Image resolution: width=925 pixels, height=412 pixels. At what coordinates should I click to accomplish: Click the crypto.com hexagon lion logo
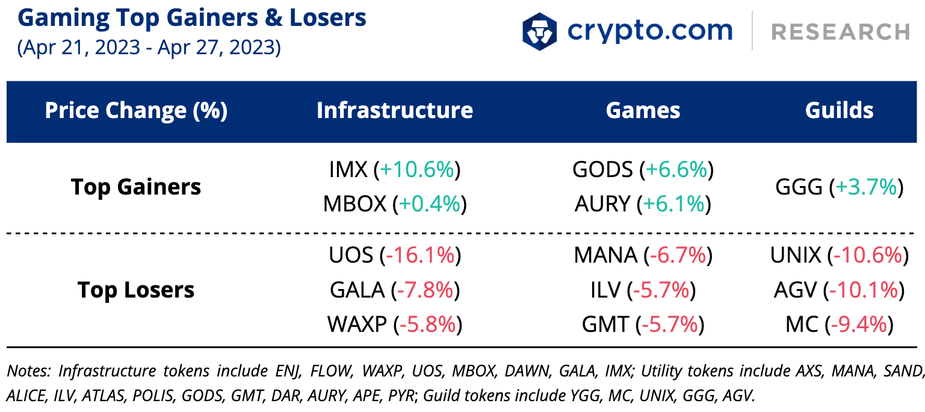[x=539, y=31]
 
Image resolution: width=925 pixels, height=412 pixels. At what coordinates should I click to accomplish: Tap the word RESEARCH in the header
[x=840, y=33]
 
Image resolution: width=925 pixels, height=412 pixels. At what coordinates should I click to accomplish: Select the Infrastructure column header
[x=395, y=110]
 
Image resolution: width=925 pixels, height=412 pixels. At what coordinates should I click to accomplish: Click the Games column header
[x=643, y=110]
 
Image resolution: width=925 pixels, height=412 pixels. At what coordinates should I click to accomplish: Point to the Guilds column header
[x=839, y=110]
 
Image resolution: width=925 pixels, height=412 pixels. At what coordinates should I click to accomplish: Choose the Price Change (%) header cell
[x=136, y=111]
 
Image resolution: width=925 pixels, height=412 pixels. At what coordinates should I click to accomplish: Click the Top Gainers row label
[x=136, y=187]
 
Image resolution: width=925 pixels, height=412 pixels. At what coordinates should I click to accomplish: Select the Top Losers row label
[x=136, y=290]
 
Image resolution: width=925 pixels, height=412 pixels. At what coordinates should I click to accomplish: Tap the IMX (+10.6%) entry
[x=395, y=170]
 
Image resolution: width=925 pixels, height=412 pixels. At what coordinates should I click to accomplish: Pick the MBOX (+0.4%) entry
[x=395, y=204]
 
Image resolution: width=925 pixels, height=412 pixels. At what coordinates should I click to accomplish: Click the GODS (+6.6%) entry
[x=643, y=170]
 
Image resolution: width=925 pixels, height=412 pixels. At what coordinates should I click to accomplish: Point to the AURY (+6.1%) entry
[x=643, y=204]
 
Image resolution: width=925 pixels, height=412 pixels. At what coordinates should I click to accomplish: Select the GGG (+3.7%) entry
[x=840, y=187]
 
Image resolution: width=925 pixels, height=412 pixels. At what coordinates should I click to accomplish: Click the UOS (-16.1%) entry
[x=395, y=255]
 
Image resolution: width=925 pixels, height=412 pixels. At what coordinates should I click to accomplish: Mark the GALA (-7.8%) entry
[x=395, y=290]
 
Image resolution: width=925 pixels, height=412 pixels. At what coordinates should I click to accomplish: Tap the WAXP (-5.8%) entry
[x=395, y=325]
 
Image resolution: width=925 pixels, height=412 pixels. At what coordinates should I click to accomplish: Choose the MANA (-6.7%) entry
[x=643, y=255]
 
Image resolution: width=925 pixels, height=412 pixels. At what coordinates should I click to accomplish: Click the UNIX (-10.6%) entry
[x=840, y=255]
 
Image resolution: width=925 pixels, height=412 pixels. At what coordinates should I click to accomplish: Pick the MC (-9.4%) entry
[x=840, y=325]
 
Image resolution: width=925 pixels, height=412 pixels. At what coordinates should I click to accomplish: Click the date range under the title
[x=149, y=48]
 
